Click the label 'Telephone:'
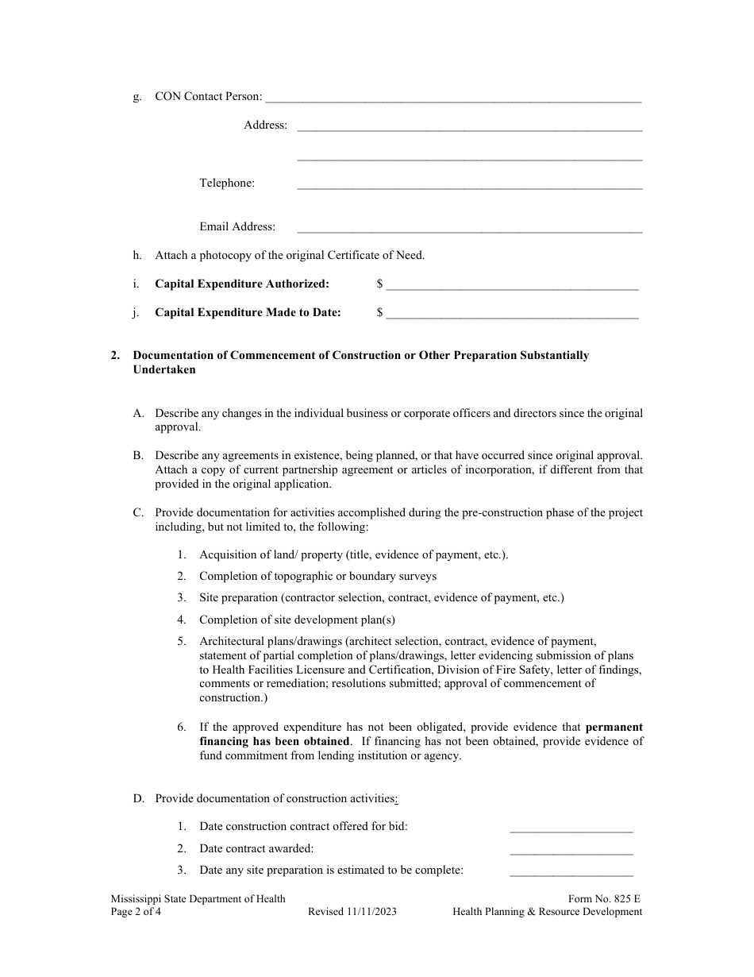click(x=227, y=183)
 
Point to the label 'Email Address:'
click(x=237, y=227)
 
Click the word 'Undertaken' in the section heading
click(x=164, y=370)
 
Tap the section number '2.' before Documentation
click(x=116, y=356)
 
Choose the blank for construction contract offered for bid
click(x=571, y=830)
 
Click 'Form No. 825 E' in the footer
click(x=604, y=899)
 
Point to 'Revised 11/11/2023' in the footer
click(x=352, y=913)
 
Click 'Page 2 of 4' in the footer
click(x=136, y=913)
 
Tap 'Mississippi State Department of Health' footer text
click(x=198, y=899)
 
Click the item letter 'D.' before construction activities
click(x=138, y=799)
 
